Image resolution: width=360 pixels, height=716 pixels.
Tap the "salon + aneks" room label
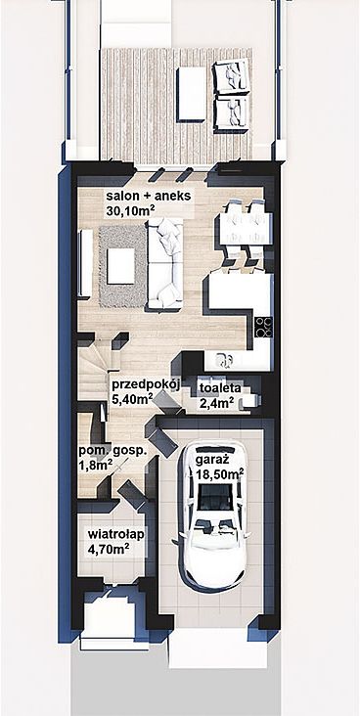(149, 197)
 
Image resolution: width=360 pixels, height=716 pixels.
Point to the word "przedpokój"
(145, 385)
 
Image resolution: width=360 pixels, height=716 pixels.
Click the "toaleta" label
(220, 388)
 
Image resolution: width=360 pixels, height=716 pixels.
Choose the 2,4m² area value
(216, 402)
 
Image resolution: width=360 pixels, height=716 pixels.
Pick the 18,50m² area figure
(220, 473)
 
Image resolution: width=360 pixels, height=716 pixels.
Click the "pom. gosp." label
(112, 451)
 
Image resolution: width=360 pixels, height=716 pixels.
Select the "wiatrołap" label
(116, 534)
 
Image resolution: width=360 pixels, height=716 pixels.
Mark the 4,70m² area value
(108, 548)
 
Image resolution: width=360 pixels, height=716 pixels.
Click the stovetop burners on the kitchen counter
(264, 327)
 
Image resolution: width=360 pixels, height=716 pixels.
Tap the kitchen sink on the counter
(224, 361)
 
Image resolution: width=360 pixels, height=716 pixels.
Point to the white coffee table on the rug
(120, 266)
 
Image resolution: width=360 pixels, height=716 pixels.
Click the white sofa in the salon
(165, 263)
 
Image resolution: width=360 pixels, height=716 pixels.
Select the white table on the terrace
(192, 94)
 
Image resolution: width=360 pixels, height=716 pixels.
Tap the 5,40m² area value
(132, 399)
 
